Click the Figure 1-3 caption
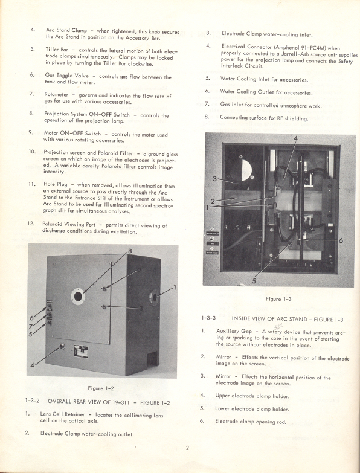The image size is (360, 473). point(278,298)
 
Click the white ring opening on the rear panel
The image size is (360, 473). point(78,296)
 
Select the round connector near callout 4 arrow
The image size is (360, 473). point(60,347)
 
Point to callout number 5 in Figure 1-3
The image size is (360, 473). point(253,280)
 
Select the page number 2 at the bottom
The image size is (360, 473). point(188,448)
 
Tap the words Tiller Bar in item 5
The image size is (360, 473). point(59,48)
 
